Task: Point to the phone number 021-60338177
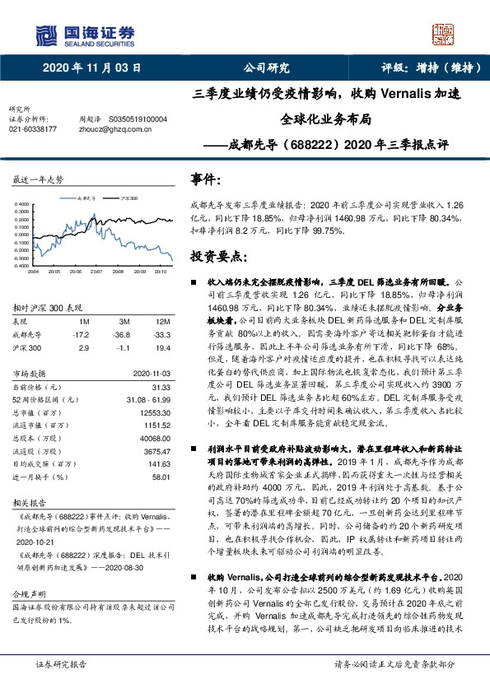pyautogui.click(x=33, y=129)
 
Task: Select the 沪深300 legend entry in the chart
pyautogui.click(x=128, y=198)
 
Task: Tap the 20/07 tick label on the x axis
pyautogui.click(x=96, y=269)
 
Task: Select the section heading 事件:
pyautogui.click(x=206, y=178)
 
